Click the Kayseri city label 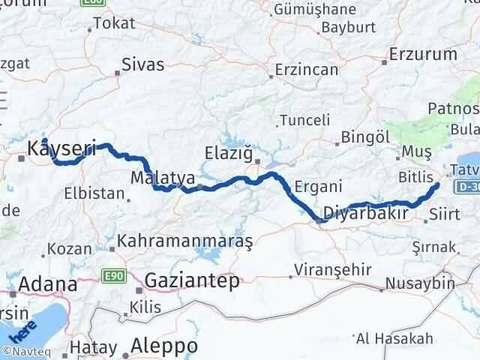pyautogui.click(x=61, y=150)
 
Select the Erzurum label pyautogui.click(x=424, y=55)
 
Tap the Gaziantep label pyautogui.click(x=193, y=281)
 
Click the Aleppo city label pyautogui.click(x=164, y=346)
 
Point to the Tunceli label pyautogui.click(x=304, y=120)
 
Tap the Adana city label pyautogui.click(x=47, y=285)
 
